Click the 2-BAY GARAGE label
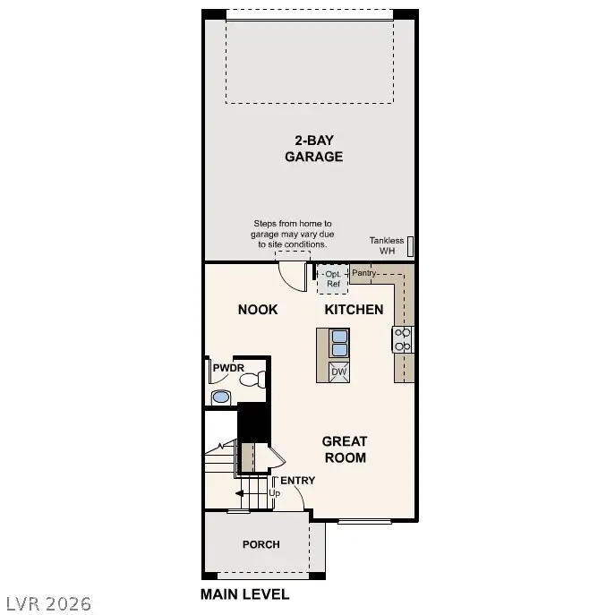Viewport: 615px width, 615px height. click(313, 148)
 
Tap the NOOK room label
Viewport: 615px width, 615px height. click(257, 310)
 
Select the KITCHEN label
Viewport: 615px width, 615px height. click(354, 310)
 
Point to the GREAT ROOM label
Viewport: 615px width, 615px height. click(345, 448)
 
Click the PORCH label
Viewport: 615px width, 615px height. click(261, 544)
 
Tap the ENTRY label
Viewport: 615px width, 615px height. click(298, 481)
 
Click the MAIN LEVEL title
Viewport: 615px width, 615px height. click(244, 594)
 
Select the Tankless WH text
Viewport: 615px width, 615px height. click(387, 245)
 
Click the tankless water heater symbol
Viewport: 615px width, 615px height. click(410, 246)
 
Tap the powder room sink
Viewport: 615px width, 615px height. click(220, 397)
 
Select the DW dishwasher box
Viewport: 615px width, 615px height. click(338, 372)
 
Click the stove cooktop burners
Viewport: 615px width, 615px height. click(403, 338)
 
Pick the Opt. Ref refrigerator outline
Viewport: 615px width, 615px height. click(333, 279)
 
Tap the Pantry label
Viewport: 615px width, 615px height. click(363, 272)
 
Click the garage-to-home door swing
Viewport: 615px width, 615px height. click(294, 273)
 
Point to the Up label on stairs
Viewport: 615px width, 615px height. click(275, 493)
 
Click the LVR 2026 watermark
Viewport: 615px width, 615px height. click(47, 603)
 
